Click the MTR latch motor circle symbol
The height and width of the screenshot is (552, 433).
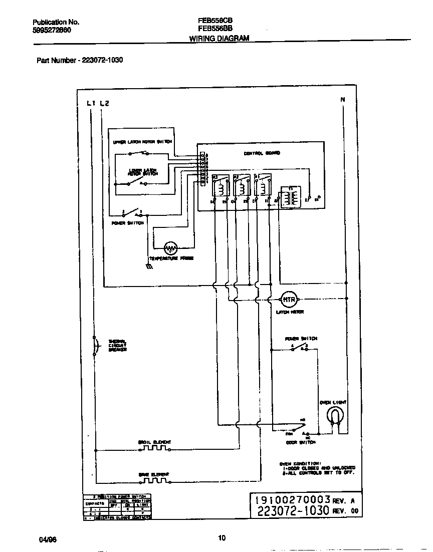289,300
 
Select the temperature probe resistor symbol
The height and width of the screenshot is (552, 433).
171,247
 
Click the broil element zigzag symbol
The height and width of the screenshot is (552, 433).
155,448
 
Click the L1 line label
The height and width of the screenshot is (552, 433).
91,104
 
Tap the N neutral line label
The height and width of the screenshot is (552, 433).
343,100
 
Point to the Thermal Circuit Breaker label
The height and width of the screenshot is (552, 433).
118,346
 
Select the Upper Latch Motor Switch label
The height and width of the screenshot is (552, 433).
142,142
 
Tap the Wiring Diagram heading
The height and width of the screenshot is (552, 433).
219,38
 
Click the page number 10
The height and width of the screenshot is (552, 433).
222,538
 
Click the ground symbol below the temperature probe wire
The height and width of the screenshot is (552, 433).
149,267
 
